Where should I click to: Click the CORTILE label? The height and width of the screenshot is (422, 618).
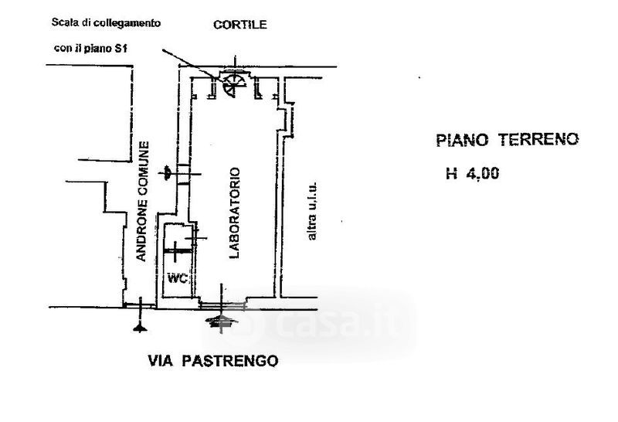coord(239,25)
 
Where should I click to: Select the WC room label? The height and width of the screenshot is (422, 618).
coord(178,278)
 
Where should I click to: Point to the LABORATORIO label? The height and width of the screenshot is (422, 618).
coord(235,213)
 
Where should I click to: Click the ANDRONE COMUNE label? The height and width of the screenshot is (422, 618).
coord(142,201)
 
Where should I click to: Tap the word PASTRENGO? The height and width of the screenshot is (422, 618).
coord(229,360)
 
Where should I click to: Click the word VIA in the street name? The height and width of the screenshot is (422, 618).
coord(161,360)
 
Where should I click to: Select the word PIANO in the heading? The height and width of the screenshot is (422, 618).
coord(462,140)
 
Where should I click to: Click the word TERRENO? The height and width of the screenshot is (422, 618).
coord(538,139)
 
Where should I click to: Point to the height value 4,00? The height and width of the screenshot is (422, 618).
coord(483,174)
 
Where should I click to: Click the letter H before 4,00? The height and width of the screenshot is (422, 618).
coord(451,174)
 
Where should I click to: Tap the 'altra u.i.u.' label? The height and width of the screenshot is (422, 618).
coord(312,211)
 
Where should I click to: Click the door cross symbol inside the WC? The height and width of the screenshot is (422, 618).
coord(175,251)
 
